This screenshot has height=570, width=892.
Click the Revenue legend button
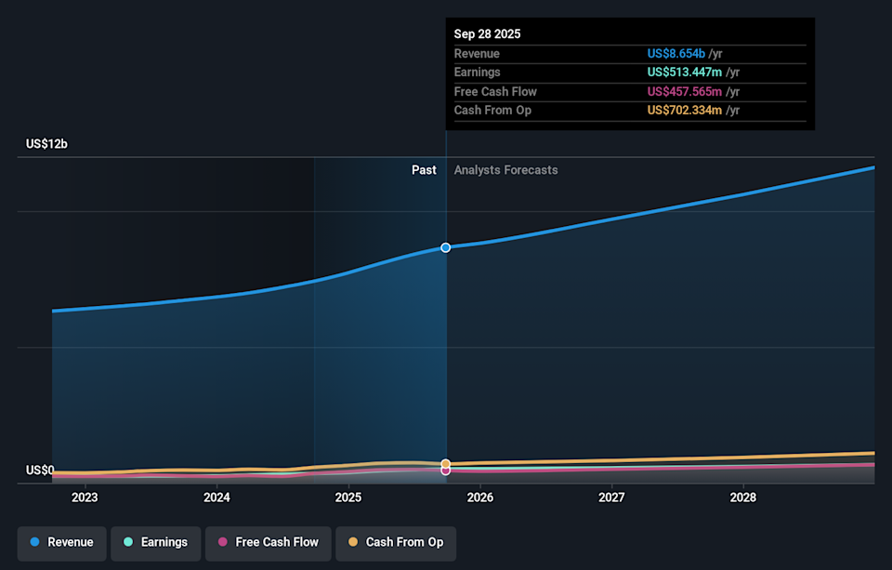(x=61, y=542)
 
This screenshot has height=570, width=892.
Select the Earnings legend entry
(x=155, y=542)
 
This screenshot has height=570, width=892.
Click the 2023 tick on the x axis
(x=85, y=497)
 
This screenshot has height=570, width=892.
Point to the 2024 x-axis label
(x=216, y=497)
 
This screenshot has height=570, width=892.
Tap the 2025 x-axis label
(x=348, y=497)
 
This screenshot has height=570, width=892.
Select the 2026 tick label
(x=480, y=497)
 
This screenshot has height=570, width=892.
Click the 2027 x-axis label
(x=611, y=497)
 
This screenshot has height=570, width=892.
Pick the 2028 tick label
(x=743, y=497)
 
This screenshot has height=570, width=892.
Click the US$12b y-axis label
(x=46, y=144)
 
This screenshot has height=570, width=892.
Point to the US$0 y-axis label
(x=39, y=471)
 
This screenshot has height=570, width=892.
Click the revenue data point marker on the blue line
(x=446, y=247)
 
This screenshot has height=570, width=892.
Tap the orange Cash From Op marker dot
(x=446, y=463)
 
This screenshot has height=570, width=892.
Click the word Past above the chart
(x=424, y=170)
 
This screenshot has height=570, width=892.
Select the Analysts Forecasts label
(x=505, y=170)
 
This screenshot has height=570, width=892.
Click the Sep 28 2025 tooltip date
(x=487, y=33)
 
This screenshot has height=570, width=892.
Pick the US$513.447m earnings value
(x=685, y=73)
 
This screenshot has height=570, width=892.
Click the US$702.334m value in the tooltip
(x=685, y=111)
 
